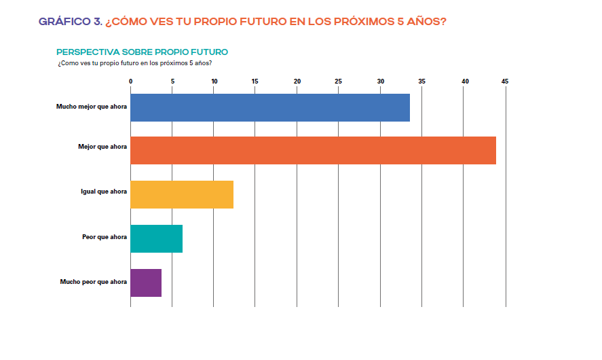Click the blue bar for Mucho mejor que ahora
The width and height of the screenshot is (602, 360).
[270, 107]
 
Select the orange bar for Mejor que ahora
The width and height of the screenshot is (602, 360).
[313, 151]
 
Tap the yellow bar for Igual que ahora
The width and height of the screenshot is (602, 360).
[182, 194]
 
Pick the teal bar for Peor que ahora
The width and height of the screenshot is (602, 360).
[157, 238]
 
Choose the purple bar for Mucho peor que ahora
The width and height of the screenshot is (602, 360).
[146, 283]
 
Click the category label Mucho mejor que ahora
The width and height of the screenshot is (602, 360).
[92, 107]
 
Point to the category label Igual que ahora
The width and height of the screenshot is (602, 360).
[104, 192]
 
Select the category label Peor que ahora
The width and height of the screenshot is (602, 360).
[105, 236]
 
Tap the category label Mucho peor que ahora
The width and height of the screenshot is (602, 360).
[94, 281]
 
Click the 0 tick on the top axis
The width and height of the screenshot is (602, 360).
[131, 82]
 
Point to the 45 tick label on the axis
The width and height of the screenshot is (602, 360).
[506, 82]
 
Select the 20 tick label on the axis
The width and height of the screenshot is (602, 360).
[297, 82]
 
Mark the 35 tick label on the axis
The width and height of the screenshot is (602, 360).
[422, 82]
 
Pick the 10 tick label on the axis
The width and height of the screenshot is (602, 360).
[214, 82]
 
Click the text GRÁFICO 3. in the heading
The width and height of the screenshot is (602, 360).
[71, 22]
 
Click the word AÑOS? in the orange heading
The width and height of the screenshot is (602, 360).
[426, 22]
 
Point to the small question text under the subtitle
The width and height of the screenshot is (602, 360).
[135, 63]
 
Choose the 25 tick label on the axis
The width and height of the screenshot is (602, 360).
[339, 82]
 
